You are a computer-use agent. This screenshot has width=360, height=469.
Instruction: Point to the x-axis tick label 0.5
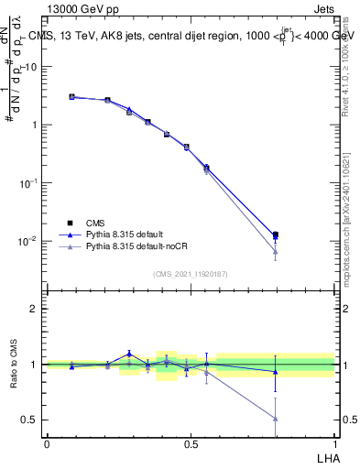191,443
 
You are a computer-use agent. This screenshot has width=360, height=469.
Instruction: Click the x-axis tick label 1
334,443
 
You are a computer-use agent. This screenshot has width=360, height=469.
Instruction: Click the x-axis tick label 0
47,443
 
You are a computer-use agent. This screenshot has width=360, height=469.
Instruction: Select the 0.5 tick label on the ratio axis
28,420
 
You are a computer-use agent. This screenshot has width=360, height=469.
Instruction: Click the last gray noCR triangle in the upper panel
276,251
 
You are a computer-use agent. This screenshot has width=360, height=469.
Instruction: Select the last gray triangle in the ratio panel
276,419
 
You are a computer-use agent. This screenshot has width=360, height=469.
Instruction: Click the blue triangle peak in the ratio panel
129,353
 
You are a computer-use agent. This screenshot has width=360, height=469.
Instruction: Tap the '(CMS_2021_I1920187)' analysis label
191,274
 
